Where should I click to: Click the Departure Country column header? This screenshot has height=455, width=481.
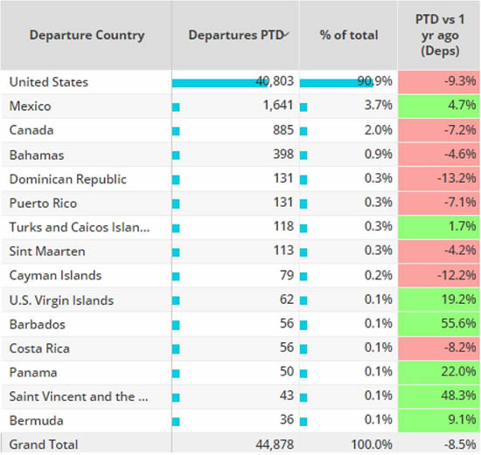pos(87,36)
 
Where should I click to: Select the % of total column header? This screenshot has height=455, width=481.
pos(348,36)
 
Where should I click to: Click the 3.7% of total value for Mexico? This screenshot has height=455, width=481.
pos(378,107)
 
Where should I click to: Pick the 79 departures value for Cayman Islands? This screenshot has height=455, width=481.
pos(279,276)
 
